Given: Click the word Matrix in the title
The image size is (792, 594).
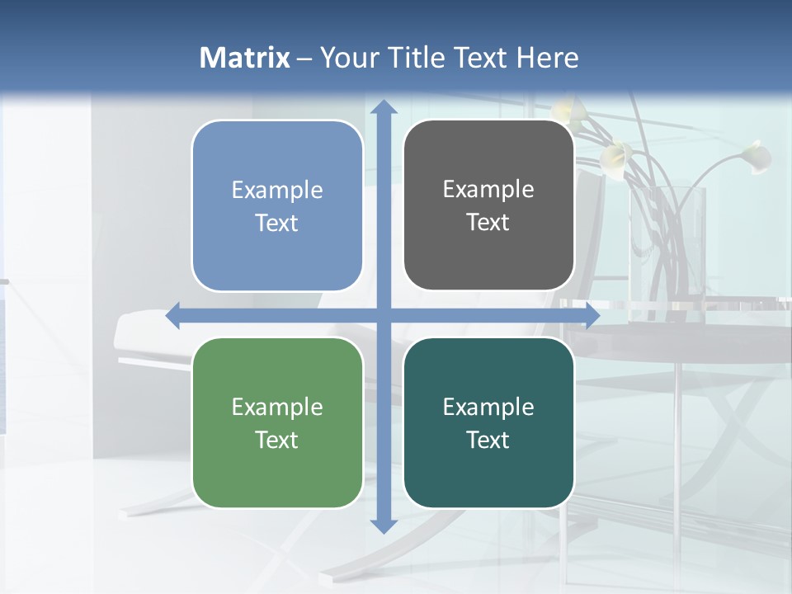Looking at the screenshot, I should [245, 58].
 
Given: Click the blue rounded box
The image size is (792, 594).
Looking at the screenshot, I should [277, 205].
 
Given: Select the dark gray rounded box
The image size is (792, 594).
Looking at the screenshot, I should [488, 205].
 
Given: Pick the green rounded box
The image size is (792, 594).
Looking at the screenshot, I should [277, 423].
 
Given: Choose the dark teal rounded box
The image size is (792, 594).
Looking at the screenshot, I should [488, 423].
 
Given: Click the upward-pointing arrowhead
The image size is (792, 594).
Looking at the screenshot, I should [383, 107].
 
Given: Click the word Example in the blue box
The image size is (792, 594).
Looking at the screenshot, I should [277, 190].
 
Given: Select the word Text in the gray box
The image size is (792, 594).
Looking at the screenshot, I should [488, 223].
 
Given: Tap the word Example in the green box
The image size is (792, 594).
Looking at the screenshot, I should [277, 407].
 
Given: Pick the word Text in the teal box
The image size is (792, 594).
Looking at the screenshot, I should [488, 441].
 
